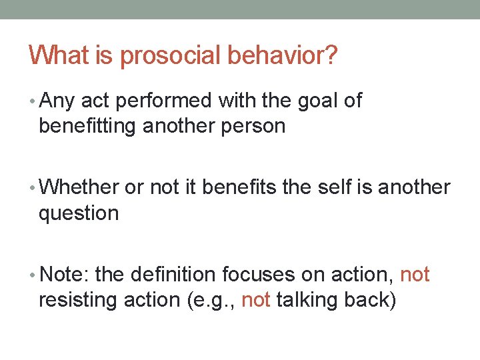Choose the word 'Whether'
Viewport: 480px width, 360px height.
coord(79,188)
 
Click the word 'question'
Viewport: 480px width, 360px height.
coord(79,214)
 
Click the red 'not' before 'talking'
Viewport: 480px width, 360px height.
coord(255,300)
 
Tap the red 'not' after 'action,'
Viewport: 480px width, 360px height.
coord(415,275)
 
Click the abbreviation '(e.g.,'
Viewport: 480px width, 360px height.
coord(207,301)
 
